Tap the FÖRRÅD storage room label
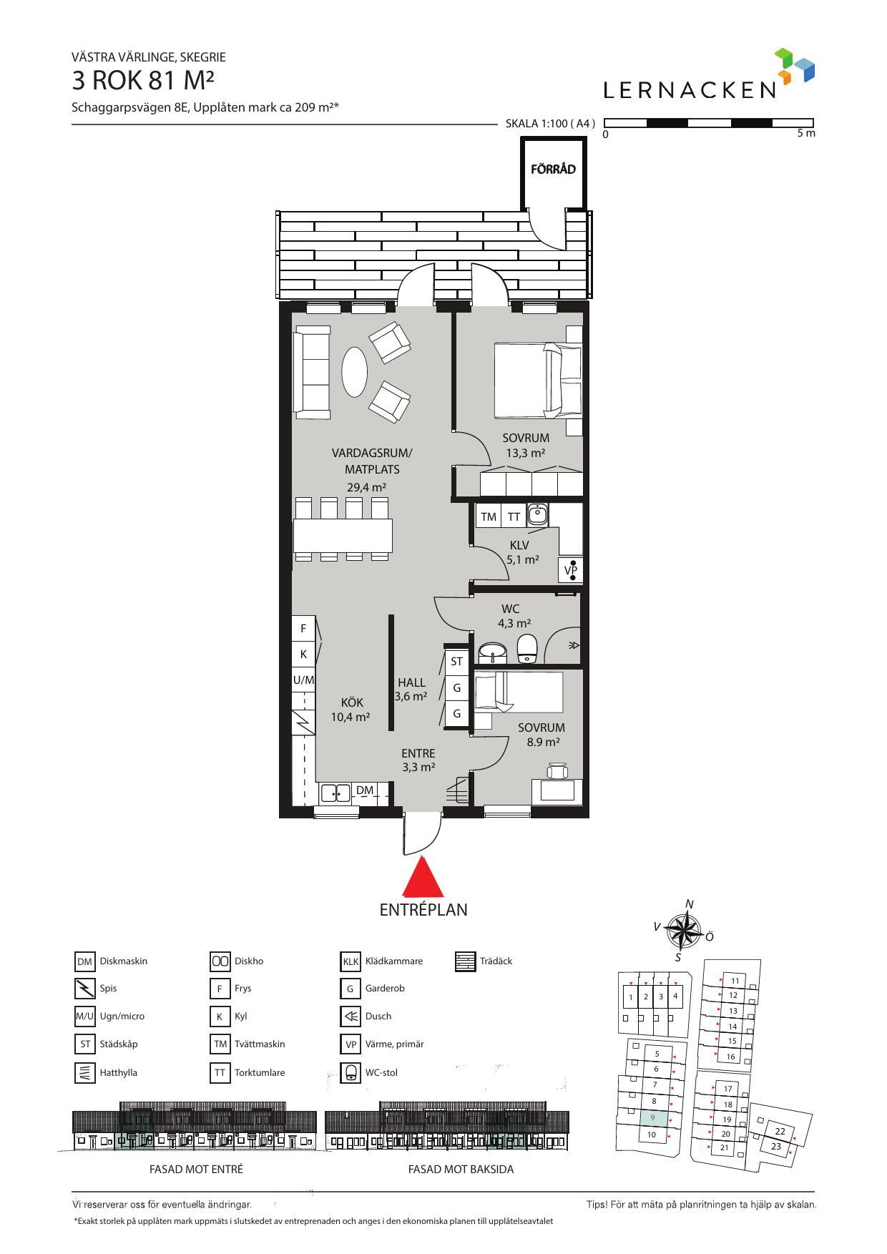[553, 170]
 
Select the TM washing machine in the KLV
[489, 516]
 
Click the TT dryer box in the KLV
[514, 516]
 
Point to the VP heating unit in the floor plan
[571, 570]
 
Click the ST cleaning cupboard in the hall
[456, 662]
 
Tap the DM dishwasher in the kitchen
[365, 790]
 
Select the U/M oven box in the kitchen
[303, 680]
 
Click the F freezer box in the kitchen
[303, 629]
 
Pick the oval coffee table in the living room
[354, 371]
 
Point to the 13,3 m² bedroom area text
[526, 453]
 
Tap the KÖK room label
[352, 702]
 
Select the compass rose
[683, 931]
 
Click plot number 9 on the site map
[652, 1117]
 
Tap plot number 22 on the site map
[780, 1131]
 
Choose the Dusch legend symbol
[351, 1016]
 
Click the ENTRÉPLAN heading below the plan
[423, 910]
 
